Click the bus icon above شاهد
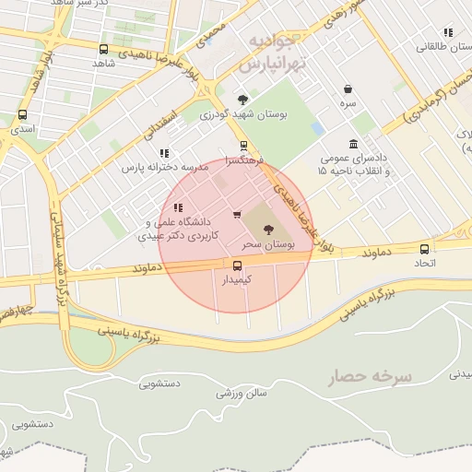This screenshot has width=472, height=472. coord(102,49)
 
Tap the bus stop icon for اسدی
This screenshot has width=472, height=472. coord(22,115)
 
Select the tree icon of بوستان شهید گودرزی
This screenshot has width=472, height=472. coord(242,100)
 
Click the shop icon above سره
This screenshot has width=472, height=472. coord(348,89)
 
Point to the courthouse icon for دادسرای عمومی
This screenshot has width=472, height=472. coord(354,144)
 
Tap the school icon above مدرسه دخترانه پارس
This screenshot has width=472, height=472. coord(164,153)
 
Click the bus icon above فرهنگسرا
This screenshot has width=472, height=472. coord(243,145)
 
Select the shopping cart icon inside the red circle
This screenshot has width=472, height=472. coord(238,215)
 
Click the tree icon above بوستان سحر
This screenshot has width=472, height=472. coord(268,230)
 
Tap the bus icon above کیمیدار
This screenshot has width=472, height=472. coord(238,265)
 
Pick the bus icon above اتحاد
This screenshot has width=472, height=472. coord(424,248)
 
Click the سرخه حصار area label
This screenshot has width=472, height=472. coord(372,376)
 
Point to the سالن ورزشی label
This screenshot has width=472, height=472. coord(242,394)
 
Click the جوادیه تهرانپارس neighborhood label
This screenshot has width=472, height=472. coord(270,54)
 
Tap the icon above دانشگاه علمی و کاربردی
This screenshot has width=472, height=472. coord(178,207)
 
